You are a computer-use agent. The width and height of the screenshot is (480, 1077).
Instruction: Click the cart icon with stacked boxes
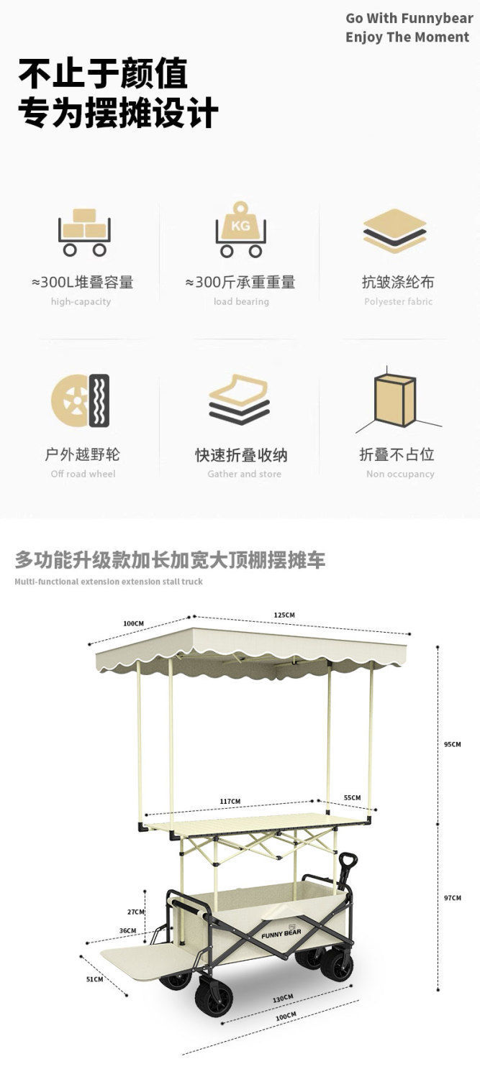tap(83, 232)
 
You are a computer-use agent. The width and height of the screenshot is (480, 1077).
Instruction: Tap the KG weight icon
tap(240, 232)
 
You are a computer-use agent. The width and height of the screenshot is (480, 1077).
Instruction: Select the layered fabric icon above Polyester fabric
tap(394, 231)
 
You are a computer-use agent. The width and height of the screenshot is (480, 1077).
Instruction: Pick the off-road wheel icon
tap(80, 400)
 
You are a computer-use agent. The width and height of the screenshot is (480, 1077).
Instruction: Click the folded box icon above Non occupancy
tap(394, 401)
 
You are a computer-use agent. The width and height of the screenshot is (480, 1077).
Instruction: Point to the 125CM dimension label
tap(284, 615)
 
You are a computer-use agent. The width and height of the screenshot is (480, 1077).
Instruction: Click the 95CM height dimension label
tap(452, 744)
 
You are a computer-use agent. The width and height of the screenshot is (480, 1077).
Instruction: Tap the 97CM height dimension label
tap(452, 898)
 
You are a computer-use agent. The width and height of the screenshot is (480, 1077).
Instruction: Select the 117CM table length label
tap(230, 801)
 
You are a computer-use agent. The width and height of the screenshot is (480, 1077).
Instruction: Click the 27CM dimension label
tap(136, 912)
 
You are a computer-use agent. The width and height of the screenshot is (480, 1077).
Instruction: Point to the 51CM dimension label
tap(95, 979)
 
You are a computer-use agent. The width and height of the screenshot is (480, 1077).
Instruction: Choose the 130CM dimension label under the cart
tap(283, 998)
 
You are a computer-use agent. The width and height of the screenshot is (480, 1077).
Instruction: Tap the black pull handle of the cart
tap(348, 861)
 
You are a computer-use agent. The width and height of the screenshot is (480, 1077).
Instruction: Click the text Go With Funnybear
tap(409, 19)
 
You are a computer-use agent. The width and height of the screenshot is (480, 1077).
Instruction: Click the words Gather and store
tap(244, 474)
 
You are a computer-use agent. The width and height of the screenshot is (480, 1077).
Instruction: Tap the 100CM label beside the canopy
tap(133, 623)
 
